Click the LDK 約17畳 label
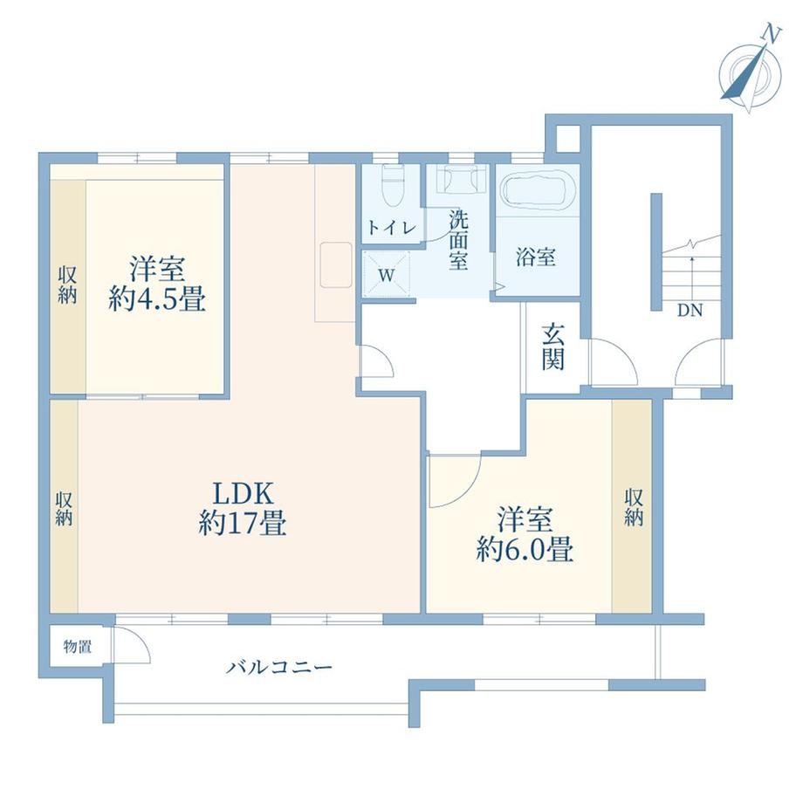(243, 509)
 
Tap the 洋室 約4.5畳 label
(157, 284)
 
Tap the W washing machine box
(387, 274)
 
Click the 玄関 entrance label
(553, 347)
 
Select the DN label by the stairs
(690, 310)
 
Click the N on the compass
(772, 34)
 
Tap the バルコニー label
(280, 668)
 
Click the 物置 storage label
(78, 646)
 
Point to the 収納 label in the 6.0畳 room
(634, 507)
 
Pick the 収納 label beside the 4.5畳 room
(66, 285)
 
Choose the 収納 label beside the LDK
(64, 508)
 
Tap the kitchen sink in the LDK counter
(336, 264)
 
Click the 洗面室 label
(458, 240)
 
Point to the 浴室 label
(536, 257)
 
